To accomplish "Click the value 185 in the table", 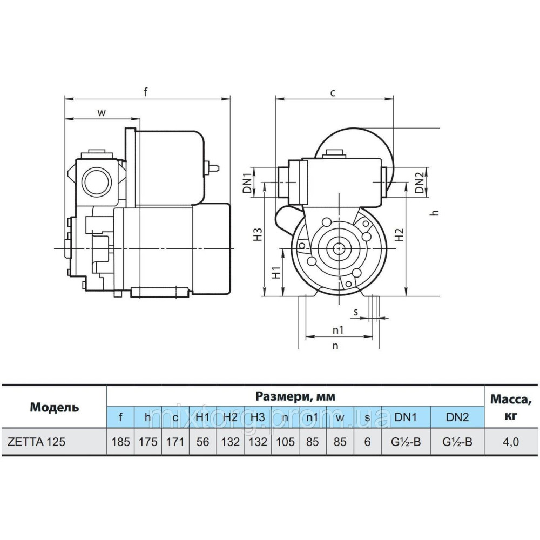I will point(120,442).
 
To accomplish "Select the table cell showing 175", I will point(147,442).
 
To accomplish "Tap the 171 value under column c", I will point(175,442).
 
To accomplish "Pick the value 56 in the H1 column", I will point(202,442).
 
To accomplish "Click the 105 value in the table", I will point(285,442).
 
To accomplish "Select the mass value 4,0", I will point(510,442).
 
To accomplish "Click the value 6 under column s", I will point(367,442).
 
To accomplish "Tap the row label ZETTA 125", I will point(37,442).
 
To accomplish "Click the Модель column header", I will point(54,407).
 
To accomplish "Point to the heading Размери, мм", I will point(295,396).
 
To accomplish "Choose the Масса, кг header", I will point(510,407).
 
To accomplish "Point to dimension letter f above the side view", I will point(145,92).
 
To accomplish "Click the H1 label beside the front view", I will point(275,273).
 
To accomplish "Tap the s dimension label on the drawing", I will point(356,312).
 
